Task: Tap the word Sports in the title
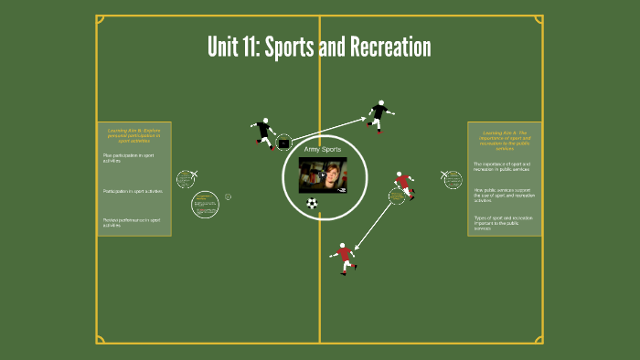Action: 290,48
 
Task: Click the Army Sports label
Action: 322,149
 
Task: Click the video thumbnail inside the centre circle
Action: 323,175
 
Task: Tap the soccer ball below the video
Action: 313,203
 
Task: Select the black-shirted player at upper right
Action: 379,115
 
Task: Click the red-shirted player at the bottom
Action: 344,258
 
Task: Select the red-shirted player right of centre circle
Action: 402,185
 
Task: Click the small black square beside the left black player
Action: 283,143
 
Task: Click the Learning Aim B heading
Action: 133,135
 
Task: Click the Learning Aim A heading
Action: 504,140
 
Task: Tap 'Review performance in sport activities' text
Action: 132,221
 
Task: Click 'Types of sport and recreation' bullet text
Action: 503,222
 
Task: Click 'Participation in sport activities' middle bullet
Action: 133,191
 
